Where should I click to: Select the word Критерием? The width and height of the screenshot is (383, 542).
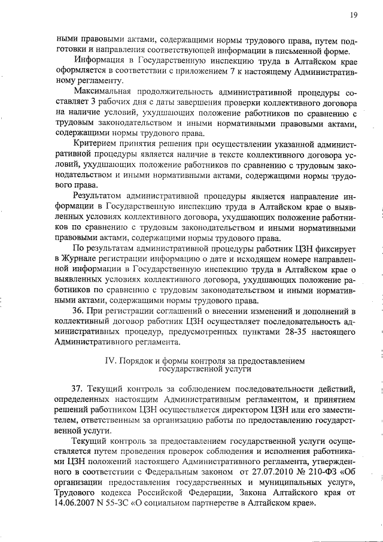point(97,144)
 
